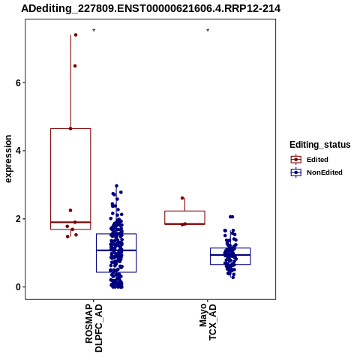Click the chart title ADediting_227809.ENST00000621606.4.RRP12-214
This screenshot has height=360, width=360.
(151, 8)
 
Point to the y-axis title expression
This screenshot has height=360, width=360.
(8, 159)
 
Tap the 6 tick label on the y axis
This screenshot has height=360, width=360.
(18, 82)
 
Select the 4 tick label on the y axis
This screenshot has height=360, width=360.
(18, 151)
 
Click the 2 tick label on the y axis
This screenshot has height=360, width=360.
(18, 219)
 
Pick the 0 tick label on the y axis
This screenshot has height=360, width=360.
(18, 287)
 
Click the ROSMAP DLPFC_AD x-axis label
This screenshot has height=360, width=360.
(94, 328)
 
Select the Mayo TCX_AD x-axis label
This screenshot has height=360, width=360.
(208, 322)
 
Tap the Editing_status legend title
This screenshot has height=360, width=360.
(320, 145)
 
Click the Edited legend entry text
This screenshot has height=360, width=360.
(317, 160)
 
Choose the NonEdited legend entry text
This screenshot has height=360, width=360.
(325, 172)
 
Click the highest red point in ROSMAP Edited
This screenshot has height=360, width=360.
(76, 34)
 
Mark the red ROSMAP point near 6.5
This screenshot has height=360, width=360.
(75, 66)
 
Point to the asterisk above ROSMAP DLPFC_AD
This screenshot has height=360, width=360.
(94, 30)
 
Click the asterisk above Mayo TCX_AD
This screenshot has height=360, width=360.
(208, 30)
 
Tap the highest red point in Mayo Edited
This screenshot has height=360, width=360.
(182, 198)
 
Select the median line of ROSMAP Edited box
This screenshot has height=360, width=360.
(70, 222)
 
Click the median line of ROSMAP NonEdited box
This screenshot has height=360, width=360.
(116, 250)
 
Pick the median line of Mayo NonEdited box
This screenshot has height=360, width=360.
(230, 255)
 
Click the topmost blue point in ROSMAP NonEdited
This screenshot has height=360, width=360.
(116, 186)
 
